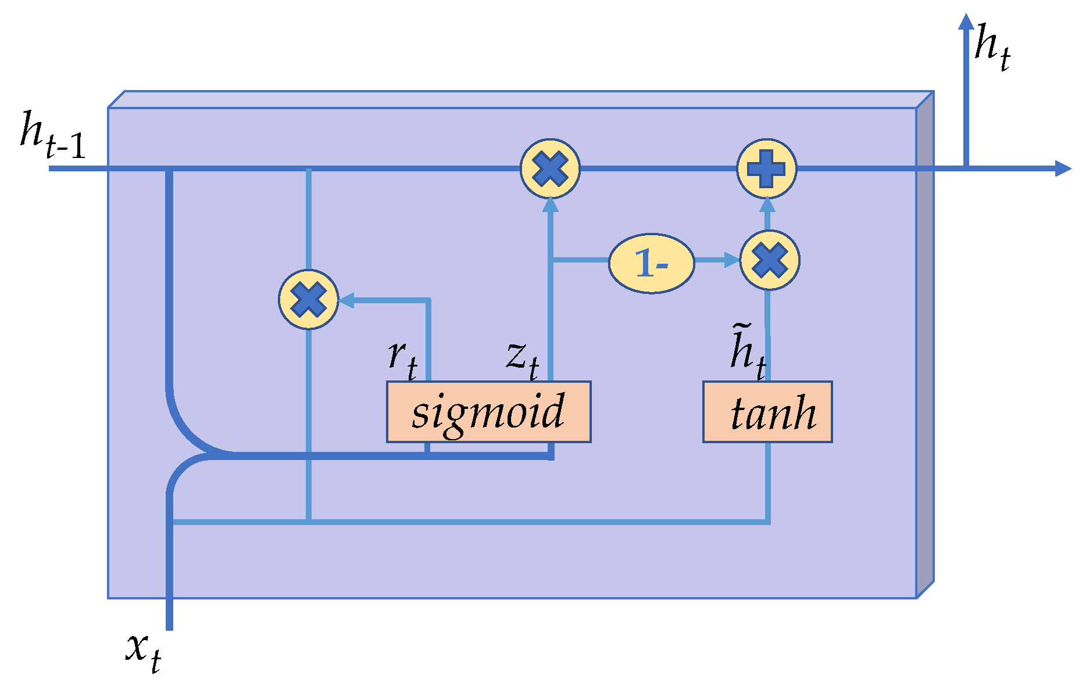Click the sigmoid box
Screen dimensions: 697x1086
(x=488, y=412)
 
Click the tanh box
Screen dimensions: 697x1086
(x=767, y=412)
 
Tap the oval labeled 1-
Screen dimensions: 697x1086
(x=651, y=263)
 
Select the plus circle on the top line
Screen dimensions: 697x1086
(x=766, y=168)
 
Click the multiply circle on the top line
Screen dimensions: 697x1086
(x=549, y=168)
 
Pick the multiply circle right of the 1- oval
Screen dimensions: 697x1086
(x=769, y=260)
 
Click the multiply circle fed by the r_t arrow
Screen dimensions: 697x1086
(x=308, y=299)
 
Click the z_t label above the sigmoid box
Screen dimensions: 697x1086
(x=522, y=357)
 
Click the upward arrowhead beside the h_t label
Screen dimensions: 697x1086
(x=966, y=22)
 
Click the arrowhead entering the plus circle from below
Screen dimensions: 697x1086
(x=767, y=204)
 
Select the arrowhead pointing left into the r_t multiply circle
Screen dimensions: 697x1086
(x=346, y=300)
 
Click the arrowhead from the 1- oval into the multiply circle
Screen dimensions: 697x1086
(x=731, y=260)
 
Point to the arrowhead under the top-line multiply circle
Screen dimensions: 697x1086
(x=550, y=205)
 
